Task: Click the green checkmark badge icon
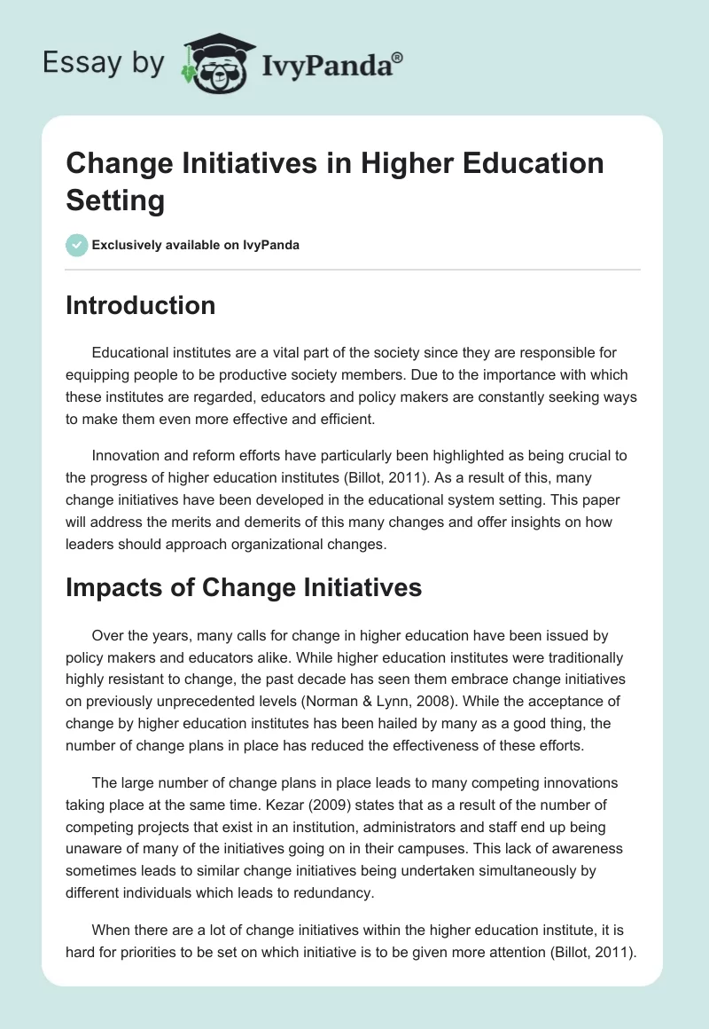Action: (76, 245)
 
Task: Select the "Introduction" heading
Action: (141, 305)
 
